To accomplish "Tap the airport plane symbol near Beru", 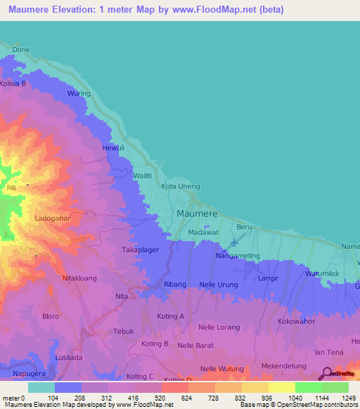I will pos(233,243).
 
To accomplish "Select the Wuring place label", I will pos(79,93).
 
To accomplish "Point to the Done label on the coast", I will pos(21,50).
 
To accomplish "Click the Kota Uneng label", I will pos(181,186).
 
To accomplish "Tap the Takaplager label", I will pos(141,250).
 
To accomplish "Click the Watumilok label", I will pos(323,274).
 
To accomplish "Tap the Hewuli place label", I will pos(113,148).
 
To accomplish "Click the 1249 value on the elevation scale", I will pos(347,398).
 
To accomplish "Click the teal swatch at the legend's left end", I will pos(41,387).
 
